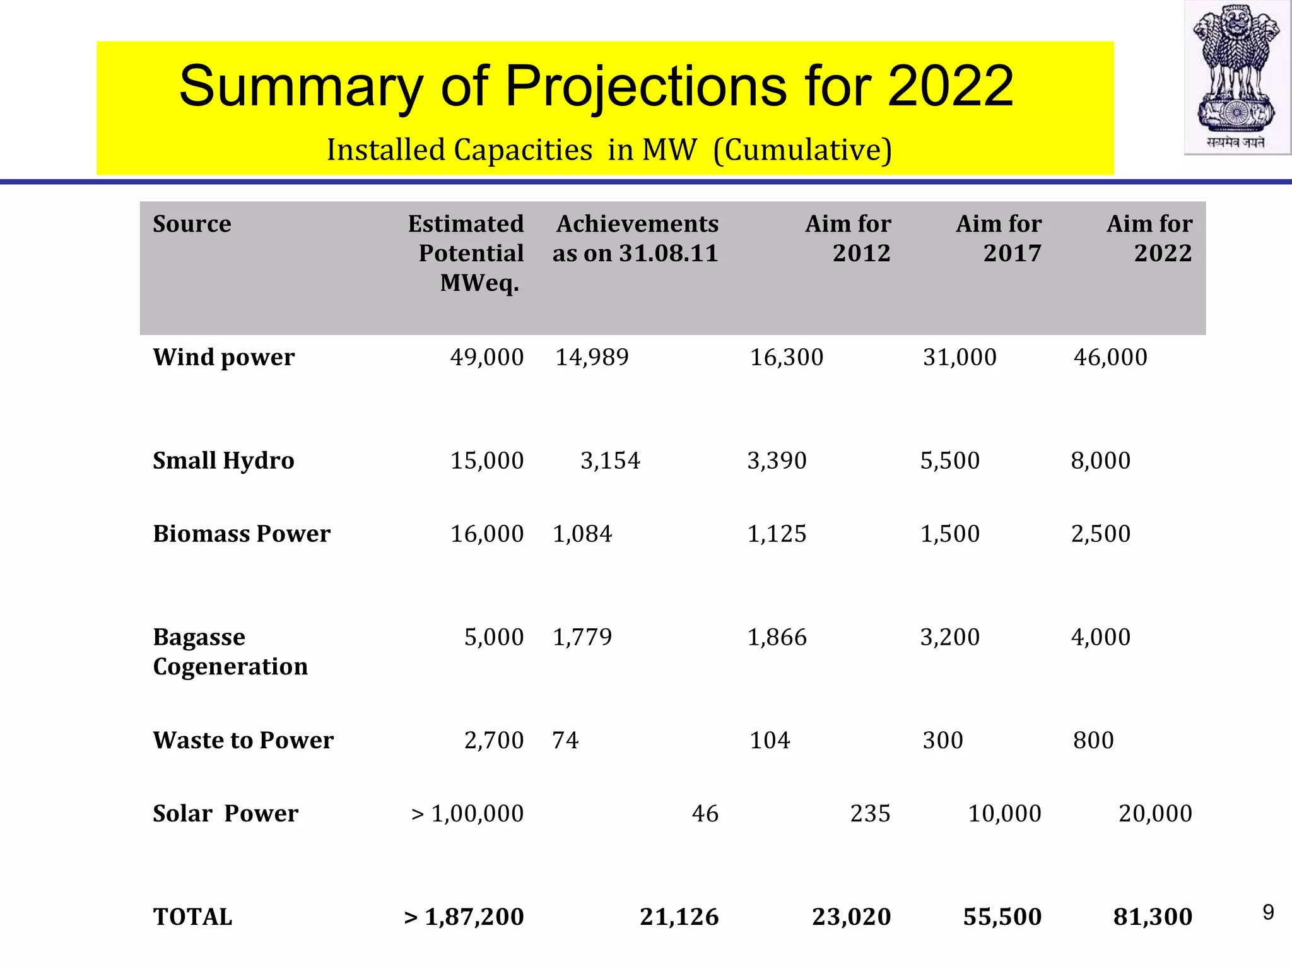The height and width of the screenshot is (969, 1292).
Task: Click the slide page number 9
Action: [1268, 912]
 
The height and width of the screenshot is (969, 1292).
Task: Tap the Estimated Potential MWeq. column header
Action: [466, 253]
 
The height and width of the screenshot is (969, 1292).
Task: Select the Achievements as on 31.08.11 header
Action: [636, 238]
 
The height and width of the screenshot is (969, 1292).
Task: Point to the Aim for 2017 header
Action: [999, 238]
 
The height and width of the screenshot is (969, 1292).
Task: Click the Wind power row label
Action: [224, 357]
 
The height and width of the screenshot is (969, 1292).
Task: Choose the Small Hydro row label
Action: [223, 461]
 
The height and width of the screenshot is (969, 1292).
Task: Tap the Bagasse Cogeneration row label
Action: [230, 652]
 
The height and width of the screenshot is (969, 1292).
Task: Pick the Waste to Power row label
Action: [244, 740]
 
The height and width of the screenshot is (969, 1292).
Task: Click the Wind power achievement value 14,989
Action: [592, 357]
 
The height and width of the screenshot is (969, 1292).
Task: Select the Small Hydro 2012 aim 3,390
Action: [777, 461]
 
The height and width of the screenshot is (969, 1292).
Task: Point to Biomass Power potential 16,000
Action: [486, 534]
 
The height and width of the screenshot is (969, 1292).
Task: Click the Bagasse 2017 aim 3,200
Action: [949, 637]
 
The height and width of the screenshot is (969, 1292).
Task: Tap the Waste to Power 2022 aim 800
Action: [1093, 740]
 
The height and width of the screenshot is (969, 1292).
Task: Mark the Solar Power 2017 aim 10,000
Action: [1004, 813]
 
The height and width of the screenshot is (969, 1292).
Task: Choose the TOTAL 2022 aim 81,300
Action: [1153, 917]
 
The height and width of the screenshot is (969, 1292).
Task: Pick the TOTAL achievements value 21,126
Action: [679, 917]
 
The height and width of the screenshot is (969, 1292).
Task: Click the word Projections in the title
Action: [646, 86]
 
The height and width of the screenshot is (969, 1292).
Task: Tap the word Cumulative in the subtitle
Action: [802, 150]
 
